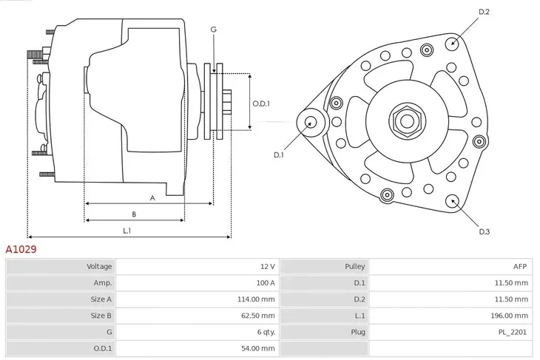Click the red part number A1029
coord(21,250)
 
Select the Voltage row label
coord(100,266)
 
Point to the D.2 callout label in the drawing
coord(485,12)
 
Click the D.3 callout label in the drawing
coord(485,232)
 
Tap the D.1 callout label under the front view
coord(279,154)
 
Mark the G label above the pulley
coord(213,30)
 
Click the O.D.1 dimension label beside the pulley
coord(260,103)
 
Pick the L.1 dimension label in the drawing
coord(127,231)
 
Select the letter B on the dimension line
coord(134,214)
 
